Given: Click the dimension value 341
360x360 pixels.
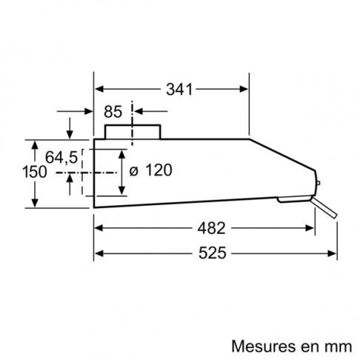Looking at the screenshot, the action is (179, 89).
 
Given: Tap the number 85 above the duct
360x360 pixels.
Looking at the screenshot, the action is (113, 112).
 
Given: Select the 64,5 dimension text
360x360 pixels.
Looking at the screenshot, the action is (61, 157).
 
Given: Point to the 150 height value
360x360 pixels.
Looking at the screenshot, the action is (34, 172).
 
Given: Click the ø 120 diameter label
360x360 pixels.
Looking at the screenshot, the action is (150, 170).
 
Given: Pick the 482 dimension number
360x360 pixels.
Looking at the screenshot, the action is (211, 228).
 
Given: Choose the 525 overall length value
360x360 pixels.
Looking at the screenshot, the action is (213, 253).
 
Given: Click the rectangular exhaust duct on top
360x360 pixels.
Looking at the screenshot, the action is (133, 132).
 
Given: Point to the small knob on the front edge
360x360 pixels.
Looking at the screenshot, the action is (318, 183).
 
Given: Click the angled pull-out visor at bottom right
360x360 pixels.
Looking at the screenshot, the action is (324, 207).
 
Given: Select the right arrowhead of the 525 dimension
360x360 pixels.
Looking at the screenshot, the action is (333, 253).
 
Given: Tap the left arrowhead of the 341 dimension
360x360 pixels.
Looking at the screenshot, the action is (99, 89).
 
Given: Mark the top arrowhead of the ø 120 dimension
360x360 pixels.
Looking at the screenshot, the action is (121, 154).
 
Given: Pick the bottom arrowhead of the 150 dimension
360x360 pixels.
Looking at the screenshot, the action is (35, 203).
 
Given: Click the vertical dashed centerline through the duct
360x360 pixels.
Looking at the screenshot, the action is (133, 123).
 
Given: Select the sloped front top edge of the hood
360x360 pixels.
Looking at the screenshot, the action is (282, 155).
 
